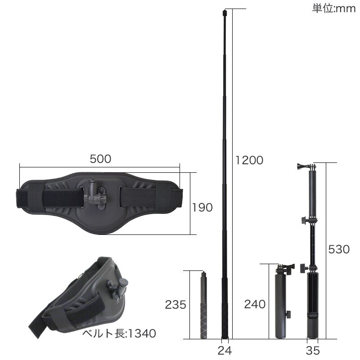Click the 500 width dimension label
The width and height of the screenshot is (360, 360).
tap(100, 159)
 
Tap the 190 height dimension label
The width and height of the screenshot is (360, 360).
tap(202, 207)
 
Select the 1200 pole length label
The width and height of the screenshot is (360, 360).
tap(249, 160)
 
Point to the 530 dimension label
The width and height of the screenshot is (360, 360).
tap(339, 249)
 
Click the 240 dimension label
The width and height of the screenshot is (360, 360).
tap(255, 305)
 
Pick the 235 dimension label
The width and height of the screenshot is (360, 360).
tap(175, 305)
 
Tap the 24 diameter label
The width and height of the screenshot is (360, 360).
tap(225, 351)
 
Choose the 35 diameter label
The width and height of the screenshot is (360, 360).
tap(313, 351)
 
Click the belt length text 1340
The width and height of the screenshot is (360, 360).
tap(142, 333)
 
